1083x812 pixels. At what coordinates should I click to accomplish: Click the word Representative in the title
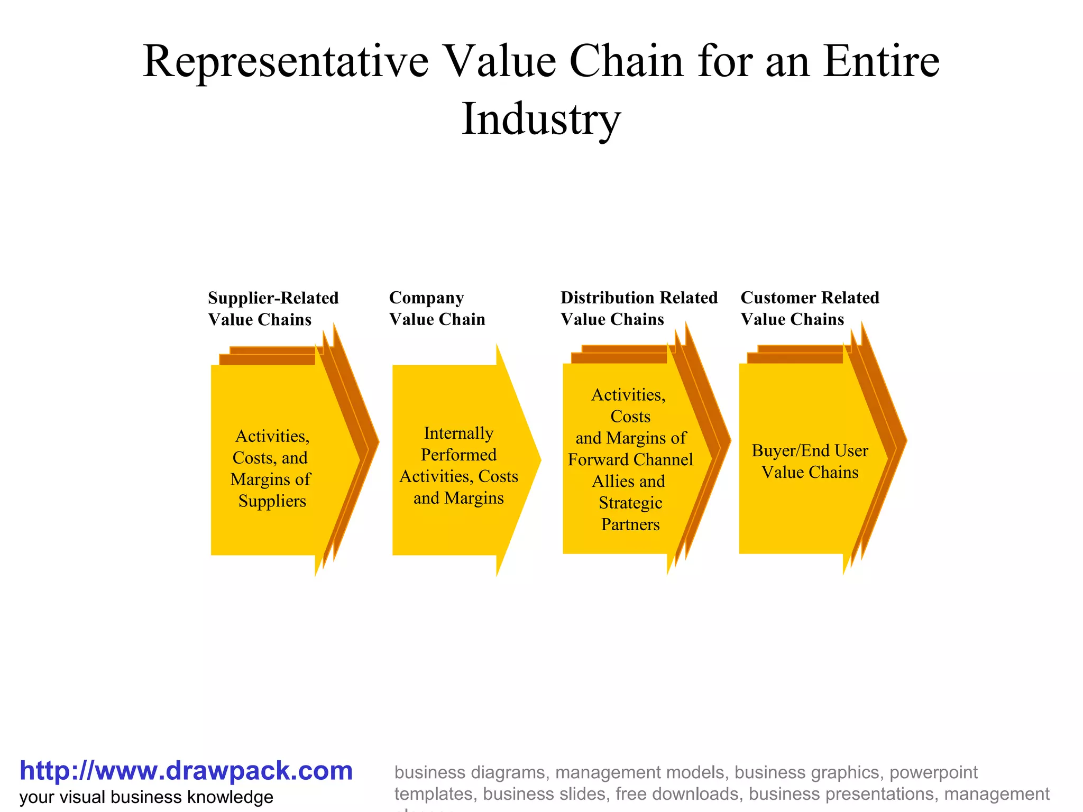point(286,62)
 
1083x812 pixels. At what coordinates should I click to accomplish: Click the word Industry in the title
point(541,119)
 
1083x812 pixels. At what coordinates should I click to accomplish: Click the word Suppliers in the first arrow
point(272,501)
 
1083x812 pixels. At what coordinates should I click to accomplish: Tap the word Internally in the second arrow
point(458,433)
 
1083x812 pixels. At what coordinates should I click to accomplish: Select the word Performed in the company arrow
point(458,455)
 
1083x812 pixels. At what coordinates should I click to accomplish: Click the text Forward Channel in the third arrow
point(630,460)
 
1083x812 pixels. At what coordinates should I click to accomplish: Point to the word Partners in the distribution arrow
point(630,524)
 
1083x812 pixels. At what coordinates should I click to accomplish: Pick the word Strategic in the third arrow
point(630,503)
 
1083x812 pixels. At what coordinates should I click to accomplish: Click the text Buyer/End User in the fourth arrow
point(810,451)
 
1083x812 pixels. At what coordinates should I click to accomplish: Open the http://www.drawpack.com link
point(186,771)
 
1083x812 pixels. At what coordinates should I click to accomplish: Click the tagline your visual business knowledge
point(146,797)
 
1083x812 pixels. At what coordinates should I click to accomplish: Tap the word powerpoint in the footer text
point(933,772)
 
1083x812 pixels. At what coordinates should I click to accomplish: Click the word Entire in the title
point(882,62)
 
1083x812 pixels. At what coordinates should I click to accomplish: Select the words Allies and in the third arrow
point(628,482)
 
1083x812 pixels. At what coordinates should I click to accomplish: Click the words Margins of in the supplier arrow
point(270,479)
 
